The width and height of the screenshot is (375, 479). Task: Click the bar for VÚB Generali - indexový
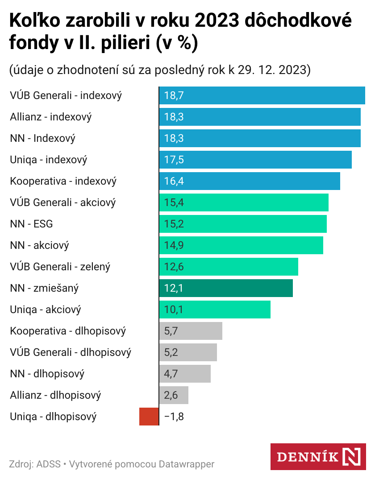coord(262,95)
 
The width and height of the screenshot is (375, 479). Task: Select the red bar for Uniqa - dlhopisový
coord(149,417)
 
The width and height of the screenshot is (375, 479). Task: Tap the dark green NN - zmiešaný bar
coord(226,288)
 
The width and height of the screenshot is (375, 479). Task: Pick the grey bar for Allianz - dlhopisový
coord(174,395)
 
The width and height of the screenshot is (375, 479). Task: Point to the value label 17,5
coord(174,160)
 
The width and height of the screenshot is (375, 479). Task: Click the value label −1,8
coord(174,417)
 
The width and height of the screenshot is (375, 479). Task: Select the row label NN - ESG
coord(31,224)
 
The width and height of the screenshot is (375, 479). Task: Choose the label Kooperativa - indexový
coord(63,181)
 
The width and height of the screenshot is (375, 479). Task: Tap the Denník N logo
coord(318,457)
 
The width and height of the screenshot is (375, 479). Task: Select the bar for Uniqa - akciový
coord(215,310)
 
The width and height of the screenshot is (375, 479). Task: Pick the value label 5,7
coord(171,331)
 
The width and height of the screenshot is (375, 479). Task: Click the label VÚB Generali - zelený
coord(60,267)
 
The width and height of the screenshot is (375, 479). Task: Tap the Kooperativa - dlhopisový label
coord(68,331)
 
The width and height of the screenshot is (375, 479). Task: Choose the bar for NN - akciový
coord(241,245)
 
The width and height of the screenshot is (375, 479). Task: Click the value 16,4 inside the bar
coord(174,181)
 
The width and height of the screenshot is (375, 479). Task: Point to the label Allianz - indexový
coord(51,117)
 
